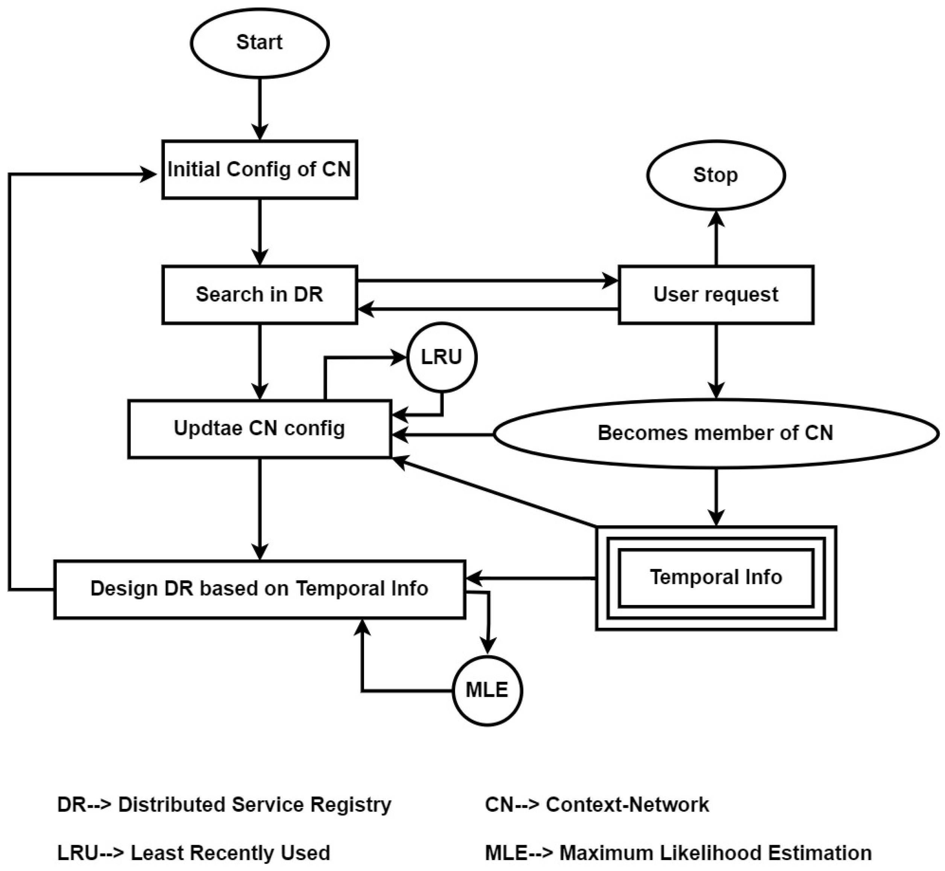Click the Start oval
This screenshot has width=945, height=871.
click(260, 43)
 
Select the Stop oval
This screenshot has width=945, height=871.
click(715, 175)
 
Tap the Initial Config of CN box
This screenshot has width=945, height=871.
click(260, 170)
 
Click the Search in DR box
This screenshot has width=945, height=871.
click(260, 295)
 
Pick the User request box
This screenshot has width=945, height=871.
click(715, 295)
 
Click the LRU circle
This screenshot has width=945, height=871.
click(442, 357)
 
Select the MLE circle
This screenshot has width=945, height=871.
click(487, 690)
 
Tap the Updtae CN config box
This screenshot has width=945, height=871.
click(260, 428)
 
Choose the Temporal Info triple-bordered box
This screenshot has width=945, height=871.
click(715, 577)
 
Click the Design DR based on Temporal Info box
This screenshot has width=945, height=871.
click(260, 589)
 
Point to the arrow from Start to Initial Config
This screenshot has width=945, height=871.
click(260, 108)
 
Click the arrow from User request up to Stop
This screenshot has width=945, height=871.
click(715, 238)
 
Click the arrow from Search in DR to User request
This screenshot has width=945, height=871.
click(485, 281)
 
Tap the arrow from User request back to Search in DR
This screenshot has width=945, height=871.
click(485, 309)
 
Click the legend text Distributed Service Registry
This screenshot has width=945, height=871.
click(255, 804)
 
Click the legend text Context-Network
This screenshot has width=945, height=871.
click(627, 804)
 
